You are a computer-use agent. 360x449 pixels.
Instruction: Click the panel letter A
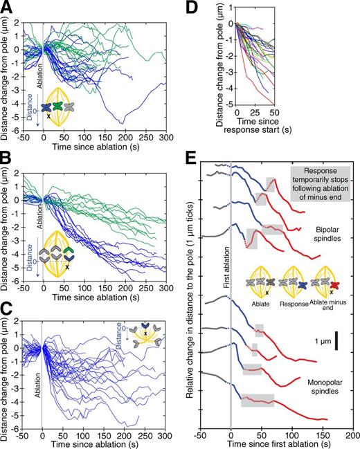point(6,6)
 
